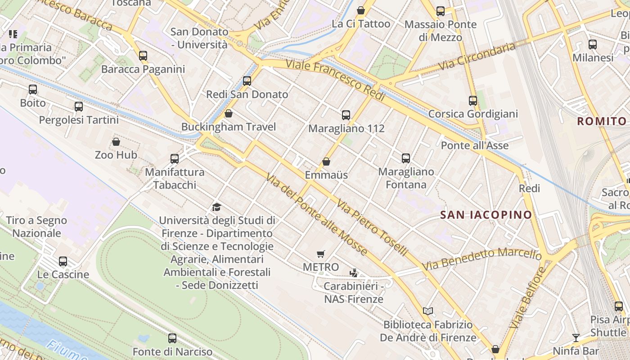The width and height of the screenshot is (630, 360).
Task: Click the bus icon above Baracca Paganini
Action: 143,56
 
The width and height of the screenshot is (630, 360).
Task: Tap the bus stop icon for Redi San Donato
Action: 247,81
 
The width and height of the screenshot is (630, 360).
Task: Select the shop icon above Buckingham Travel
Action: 229,113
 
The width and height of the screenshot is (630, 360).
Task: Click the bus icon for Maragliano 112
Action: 346,115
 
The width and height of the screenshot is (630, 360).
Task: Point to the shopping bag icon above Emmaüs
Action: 326,162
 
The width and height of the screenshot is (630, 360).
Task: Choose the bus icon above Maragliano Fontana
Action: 406,158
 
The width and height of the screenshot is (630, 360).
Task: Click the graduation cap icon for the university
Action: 217,207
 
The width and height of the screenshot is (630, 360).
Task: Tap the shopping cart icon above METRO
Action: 321,254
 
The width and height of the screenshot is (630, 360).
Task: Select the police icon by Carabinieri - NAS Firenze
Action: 354,273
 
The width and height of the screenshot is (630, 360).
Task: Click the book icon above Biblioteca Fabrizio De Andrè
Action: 428,311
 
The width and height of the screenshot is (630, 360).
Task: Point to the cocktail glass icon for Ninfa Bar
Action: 576,337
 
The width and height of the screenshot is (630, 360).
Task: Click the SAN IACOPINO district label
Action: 486,215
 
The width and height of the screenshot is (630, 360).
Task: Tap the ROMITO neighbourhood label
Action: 602,121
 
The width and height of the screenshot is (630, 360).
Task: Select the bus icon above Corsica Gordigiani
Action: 473,101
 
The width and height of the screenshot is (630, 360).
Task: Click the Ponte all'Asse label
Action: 475,145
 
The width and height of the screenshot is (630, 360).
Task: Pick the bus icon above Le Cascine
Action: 63,261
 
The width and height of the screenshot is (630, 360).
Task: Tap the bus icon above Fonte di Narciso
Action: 172,338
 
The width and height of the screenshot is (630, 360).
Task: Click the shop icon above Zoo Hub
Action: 116,142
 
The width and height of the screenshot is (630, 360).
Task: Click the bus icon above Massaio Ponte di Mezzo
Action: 441,11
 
